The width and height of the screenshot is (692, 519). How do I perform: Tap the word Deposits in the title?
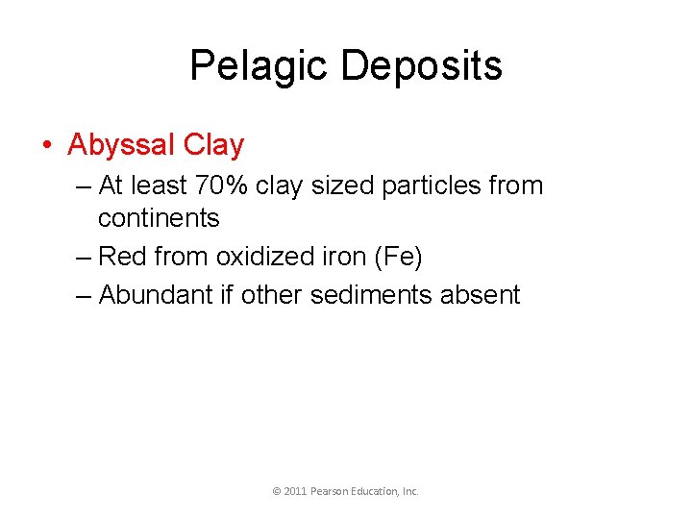422,66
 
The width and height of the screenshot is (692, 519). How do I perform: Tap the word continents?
159,218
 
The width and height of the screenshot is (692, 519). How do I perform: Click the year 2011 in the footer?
295,491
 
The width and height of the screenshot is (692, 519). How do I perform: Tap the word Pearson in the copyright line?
330,491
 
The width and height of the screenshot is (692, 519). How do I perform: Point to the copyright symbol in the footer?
277,491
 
